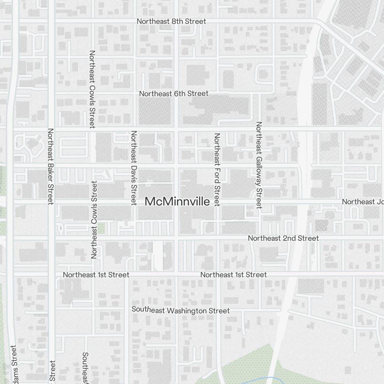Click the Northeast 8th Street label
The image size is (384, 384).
[x=171, y=22]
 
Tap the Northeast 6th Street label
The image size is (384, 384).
[x=174, y=94]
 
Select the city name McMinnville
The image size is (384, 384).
[x=177, y=202]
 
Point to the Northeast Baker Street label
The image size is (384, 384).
[x=50, y=166]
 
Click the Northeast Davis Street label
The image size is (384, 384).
[x=134, y=168]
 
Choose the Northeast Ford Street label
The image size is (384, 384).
[x=217, y=169]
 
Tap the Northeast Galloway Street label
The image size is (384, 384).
[x=259, y=165]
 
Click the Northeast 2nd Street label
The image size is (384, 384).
[x=283, y=238]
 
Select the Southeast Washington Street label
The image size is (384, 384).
[x=180, y=310]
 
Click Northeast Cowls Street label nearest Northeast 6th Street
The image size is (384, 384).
[x=92, y=89]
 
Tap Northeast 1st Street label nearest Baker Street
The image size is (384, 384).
[x=96, y=275]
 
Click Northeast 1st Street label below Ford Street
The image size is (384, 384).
[x=233, y=275]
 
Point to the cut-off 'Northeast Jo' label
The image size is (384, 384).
[x=362, y=202]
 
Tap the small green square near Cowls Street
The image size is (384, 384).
[x=101, y=228]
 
